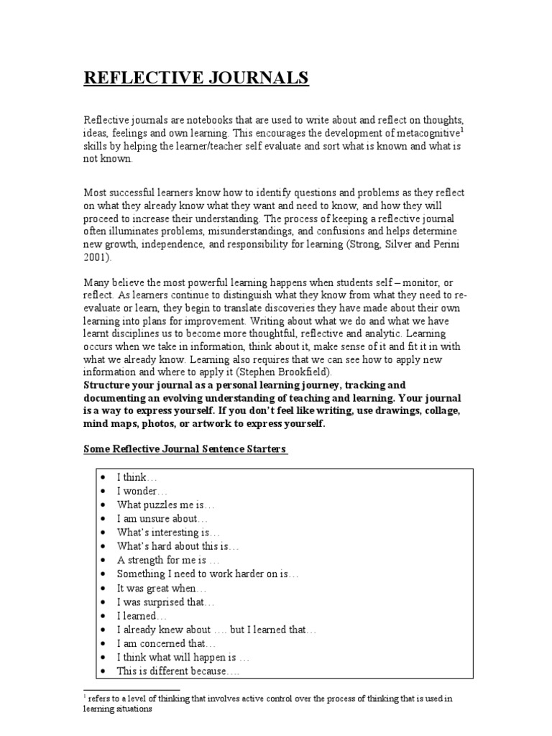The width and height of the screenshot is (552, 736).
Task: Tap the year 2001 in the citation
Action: coord(97,257)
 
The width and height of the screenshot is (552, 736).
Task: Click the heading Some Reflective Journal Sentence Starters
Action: coord(186,449)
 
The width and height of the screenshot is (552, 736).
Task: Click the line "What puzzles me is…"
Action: coord(166,505)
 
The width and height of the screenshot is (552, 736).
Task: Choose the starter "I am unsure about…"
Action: coord(163,518)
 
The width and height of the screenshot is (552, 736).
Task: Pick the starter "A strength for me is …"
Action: coord(169,560)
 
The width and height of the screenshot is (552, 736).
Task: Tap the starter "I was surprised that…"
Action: coord(166,602)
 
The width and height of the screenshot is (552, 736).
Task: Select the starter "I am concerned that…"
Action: coord(166,643)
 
